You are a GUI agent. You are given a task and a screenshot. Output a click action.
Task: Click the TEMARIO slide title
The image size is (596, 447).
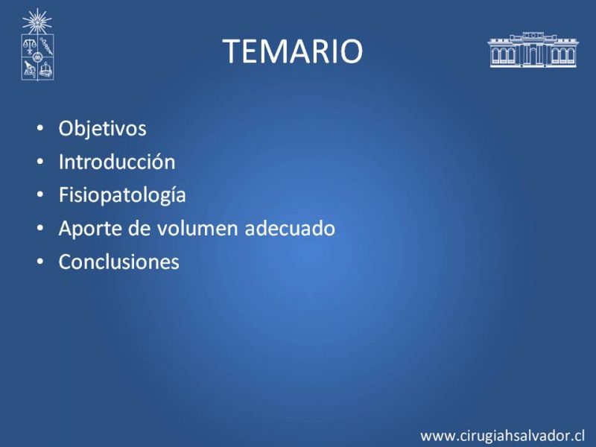pyautogui.click(x=292, y=51)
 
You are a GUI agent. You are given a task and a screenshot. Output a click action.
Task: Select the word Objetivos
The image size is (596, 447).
pyautogui.click(x=102, y=128)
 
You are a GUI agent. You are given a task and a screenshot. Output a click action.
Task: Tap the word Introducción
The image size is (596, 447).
pyautogui.click(x=117, y=162)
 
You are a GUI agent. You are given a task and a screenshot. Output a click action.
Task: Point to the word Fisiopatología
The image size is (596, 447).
pyautogui.click(x=122, y=195)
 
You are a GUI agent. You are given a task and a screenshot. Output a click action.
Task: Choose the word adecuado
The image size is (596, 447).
pyautogui.click(x=290, y=229)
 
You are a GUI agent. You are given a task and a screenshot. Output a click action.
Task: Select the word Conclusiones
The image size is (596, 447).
pyautogui.click(x=119, y=262)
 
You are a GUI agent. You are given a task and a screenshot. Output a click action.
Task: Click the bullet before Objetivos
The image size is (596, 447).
pyautogui.click(x=40, y=128)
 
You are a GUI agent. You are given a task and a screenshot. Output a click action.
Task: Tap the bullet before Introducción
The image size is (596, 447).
pyautogui.click(x=40, y=162)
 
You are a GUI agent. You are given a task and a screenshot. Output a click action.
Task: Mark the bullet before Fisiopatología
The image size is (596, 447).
pyautogui.click(x=40, y=194)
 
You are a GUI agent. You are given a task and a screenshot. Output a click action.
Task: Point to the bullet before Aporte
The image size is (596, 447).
pyautogui.click(x=40, y=228)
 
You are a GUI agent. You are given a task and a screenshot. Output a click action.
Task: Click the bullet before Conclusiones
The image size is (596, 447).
pyautogui.click(x=40, y=261)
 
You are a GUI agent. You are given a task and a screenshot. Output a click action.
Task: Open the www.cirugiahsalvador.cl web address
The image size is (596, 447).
pyautogui.click(x=502, y=436)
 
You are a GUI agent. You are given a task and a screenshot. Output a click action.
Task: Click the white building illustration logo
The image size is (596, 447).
pyautogui.click(x=533, y=50)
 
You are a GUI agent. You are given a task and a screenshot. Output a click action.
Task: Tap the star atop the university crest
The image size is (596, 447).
pyautogui.click(x=37, y=22)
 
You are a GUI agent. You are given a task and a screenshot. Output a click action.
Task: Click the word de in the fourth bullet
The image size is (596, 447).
pyautogui.click(x=139, y=229)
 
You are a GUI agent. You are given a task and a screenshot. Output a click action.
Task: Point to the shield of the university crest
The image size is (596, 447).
pyautogui.click(x=37, y=57)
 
